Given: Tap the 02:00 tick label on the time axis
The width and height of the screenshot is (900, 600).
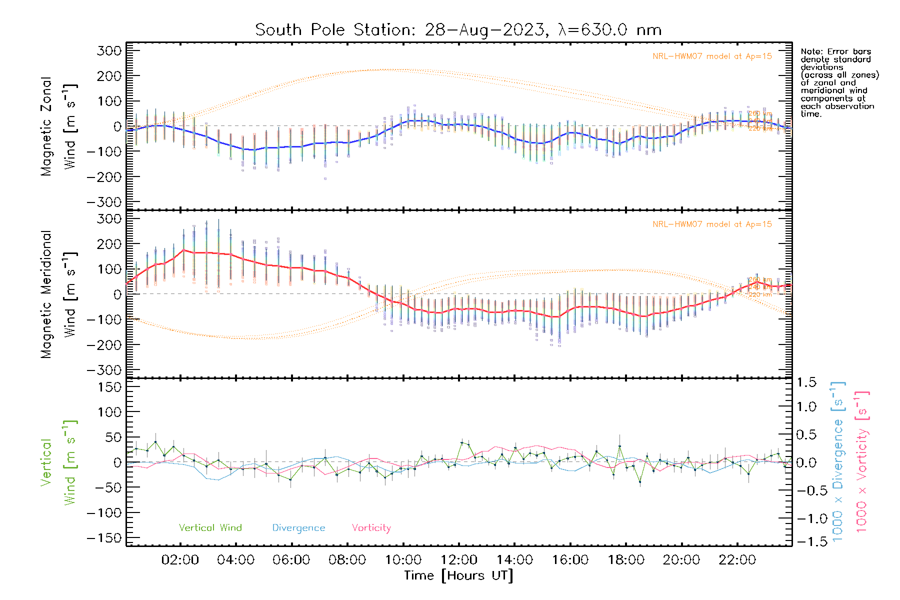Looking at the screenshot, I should [180, 560].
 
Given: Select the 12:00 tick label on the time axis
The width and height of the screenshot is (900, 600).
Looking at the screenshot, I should [458, 560].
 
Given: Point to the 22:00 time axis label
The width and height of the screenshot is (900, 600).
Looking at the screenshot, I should [737, 560].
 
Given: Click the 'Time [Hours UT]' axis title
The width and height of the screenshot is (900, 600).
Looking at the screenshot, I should [458, 575].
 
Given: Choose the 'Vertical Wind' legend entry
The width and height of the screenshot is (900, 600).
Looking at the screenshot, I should [210, 527].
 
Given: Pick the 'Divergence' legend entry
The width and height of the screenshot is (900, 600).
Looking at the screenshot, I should [298, 528].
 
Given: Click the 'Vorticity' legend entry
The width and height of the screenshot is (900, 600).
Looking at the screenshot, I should [371, 528].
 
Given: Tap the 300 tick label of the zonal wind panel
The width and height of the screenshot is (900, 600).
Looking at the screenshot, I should [109, 50].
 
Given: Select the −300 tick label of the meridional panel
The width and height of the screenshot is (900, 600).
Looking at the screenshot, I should [104, 370].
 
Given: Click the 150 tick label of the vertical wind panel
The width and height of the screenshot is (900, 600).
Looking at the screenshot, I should [109, 387].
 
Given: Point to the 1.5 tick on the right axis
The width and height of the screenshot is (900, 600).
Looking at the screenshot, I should [806, 382].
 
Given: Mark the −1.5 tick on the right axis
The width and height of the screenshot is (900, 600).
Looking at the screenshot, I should [805, 541].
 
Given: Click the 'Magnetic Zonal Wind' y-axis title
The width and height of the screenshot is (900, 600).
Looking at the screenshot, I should [58, 126].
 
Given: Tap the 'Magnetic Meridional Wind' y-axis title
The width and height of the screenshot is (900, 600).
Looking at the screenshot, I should [58, 294].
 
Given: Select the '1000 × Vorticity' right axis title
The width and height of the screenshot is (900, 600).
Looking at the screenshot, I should [862, 461].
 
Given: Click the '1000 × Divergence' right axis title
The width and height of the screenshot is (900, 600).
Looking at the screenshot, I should [838, 461].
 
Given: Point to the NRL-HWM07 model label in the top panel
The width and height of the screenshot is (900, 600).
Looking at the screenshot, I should [712, 56].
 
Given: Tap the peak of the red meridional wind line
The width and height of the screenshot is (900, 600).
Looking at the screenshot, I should [183, 250].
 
